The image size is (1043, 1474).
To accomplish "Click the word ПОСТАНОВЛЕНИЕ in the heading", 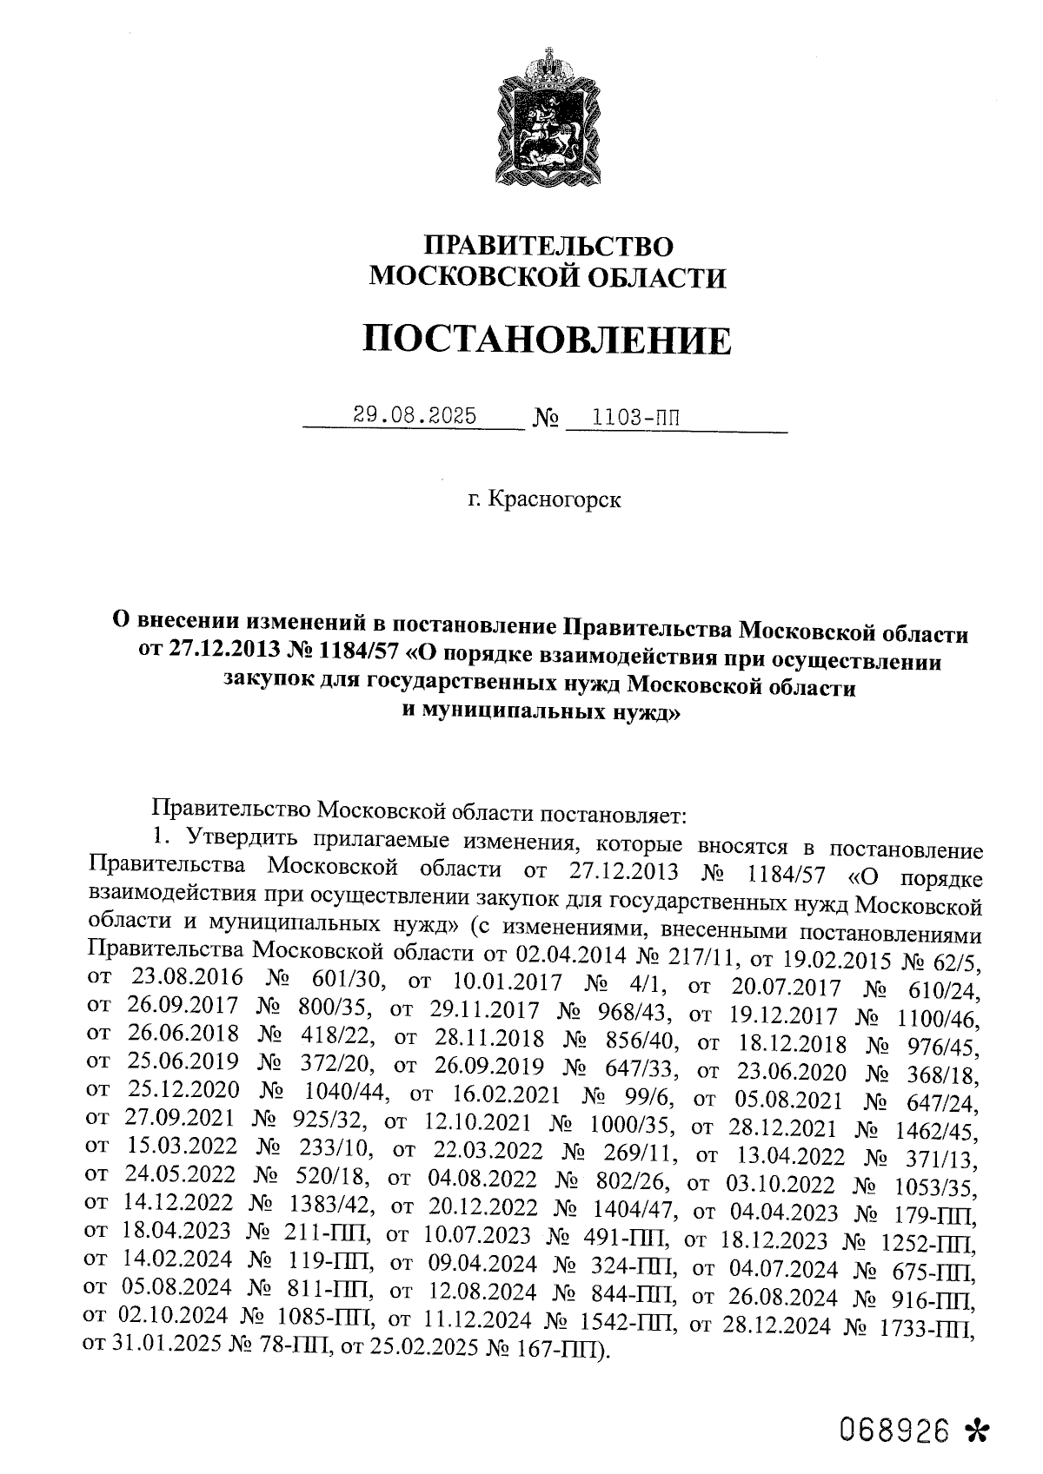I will coord(547,340).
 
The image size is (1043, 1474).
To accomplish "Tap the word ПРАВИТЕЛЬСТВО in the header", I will coord(547,246).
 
